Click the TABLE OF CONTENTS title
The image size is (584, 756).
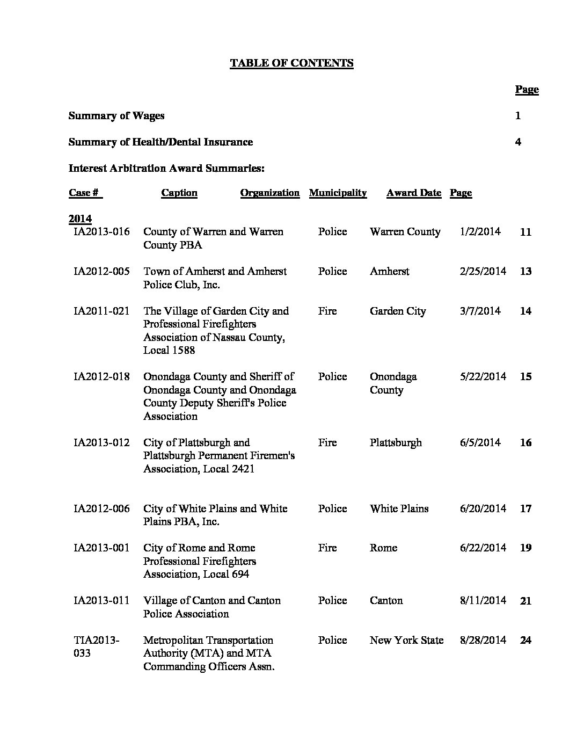click(x=291, y=63)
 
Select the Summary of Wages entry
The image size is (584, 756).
click(x=116, y=116)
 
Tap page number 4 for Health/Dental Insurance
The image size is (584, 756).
click(x=518, y=142)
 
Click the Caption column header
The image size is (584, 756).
click(x=179, y=193)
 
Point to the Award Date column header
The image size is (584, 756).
click(x=413, y=193)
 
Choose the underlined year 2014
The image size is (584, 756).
click(x=80, y=219)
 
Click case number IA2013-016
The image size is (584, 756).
click(x=101, y=232)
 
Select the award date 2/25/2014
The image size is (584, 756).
click(x=483, y=272)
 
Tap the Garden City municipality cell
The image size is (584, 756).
click(x=398, y=311)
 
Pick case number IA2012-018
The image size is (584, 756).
click(x=101, y=377)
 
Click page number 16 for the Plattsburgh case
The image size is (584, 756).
click(x=525, y=443)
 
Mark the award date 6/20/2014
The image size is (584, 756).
click(x=483, y=509)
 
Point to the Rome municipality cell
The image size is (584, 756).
click(x=383, y=548)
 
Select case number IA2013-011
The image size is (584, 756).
click(x=101, y=601)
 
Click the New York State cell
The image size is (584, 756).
click(x=406, y=641)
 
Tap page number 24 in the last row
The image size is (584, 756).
click(x=525, y=641)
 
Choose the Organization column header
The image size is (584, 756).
click(x=269, y=193)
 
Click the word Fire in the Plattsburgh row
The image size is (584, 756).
click(x=327, y=443)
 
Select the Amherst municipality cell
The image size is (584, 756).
click(x=389, y=272)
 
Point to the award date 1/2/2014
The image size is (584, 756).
click(x=480, y=232)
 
